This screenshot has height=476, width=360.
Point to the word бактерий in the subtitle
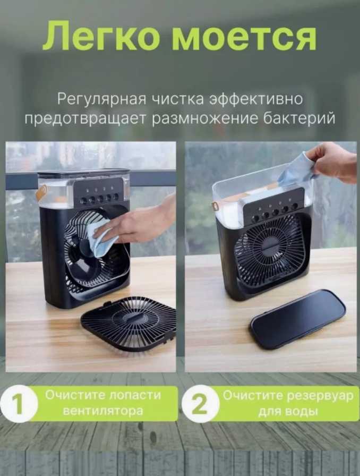pos(299,118)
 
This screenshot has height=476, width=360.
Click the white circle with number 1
pos(19,404)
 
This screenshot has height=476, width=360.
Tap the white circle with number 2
pos(200,404)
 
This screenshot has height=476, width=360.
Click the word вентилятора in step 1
pos(102,411)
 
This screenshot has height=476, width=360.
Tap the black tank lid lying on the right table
pos(298,318)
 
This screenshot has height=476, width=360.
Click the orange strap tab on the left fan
pos(41,193)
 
